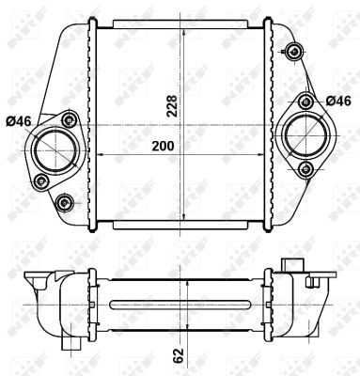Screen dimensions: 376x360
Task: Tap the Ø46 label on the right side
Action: pos(338,100)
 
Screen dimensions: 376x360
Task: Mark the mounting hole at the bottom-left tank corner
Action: pos(64,202)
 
